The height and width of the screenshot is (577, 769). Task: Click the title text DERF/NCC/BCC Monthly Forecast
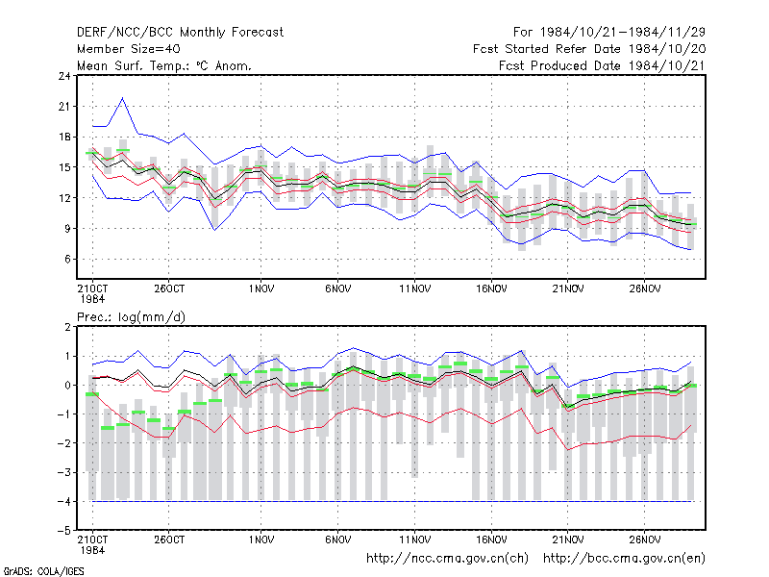point(180,33)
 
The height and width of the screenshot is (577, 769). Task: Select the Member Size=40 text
point(129,49)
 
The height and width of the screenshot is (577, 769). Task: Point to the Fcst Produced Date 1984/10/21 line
point(602,65)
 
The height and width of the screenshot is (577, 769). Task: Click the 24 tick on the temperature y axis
point(64,76)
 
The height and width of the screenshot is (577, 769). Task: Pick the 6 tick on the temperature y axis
point(67,259)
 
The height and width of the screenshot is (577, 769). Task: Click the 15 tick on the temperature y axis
point(64,167)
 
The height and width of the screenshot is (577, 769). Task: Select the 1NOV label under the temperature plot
point(260,288)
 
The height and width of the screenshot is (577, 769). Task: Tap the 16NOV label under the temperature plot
point(491,288)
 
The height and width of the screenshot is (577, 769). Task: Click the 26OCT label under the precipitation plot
point(169,539)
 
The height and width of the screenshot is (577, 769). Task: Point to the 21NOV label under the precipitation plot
point(568,539)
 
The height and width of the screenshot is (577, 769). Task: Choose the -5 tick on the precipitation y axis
point(64,531)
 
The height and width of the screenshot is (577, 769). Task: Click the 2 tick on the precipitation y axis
point(67,327)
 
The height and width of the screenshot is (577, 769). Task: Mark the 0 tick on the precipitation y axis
point(67,386)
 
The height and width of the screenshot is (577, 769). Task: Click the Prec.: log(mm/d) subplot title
point(131,317)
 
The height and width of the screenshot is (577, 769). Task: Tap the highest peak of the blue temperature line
point(123,98)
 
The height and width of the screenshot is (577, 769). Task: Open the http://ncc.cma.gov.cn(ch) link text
point(447,559)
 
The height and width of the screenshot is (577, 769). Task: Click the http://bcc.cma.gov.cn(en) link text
point(624,559)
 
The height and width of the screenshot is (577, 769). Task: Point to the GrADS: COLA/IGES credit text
point(43,571)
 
